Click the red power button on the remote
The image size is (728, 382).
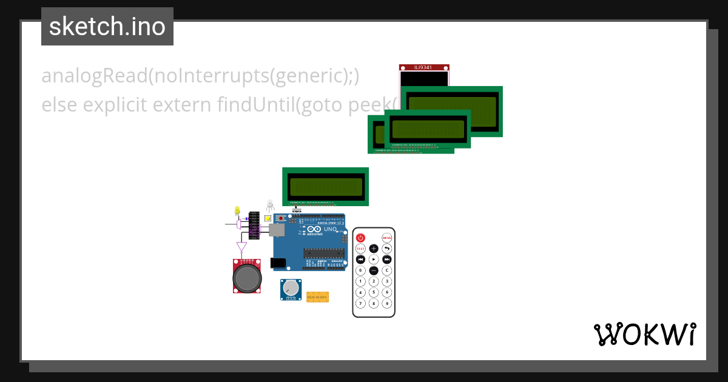coord(360,238)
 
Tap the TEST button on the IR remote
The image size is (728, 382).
coord(360,249)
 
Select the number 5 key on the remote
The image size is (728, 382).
coord(374,292)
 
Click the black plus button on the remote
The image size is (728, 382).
coord(374,249)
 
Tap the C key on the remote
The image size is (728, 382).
coord(387,270)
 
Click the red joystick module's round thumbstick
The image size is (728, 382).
coord(247,278)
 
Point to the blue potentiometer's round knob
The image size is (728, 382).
coord(292,287)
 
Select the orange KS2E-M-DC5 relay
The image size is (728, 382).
coord(317,297)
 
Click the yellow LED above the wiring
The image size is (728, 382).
coord(237,210)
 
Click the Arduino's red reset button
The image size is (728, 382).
coord(280,218)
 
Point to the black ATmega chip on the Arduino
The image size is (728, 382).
coord(323,253)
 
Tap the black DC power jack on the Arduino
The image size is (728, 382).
coord(278,263)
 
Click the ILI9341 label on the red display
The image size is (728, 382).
coord(424,67)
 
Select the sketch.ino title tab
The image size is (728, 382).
coord(107,27)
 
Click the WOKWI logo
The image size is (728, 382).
coord(644,334)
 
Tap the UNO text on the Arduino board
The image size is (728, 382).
coord(330,230)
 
